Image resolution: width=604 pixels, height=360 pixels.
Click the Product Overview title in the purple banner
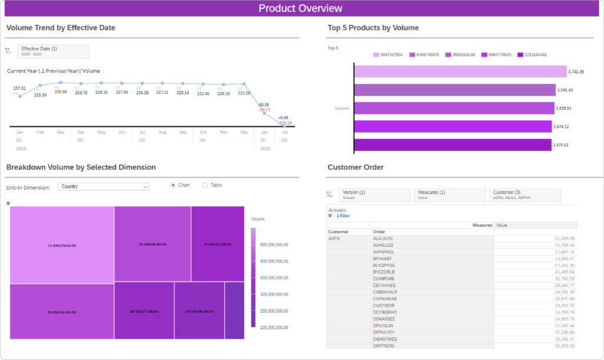(x=300, y=8)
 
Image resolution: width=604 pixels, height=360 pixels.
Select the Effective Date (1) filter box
(x=53, y=51)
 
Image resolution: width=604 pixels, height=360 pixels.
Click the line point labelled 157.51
(x=19, y=96)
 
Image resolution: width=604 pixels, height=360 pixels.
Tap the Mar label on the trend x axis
(x=61, y=132)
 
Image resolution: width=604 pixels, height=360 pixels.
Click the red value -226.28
(x=285, y=123)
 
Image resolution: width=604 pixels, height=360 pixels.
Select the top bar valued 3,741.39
(x=460, y=72)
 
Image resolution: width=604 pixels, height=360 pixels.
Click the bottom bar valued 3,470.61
(x=452, y=145)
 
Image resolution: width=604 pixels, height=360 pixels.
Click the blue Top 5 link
(x=333, y=48)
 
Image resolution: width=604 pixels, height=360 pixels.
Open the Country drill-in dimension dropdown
(x=104, y=186)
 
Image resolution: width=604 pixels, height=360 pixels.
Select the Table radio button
(x=205, y=185)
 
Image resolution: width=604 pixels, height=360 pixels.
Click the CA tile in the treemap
(x=61, y=244)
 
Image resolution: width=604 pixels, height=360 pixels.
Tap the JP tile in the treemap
(x=217, y=243)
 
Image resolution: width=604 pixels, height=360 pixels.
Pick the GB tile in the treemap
(x=144, y=310)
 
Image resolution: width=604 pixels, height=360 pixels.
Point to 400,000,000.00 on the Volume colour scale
(x=273, y=278)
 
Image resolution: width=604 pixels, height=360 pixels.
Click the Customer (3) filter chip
(x=524, y=195)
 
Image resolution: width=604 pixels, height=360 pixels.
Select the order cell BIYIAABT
(x=384, y=258)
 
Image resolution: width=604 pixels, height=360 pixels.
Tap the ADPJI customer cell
(x=334, y=238)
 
